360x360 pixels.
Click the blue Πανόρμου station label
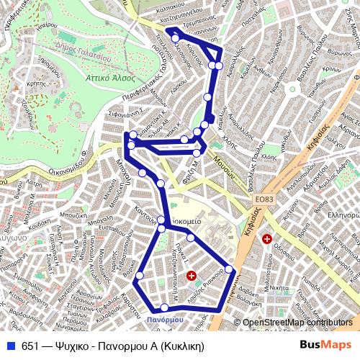(165, 319)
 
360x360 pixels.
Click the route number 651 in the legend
(30, 346)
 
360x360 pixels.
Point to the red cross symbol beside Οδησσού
(267, 238)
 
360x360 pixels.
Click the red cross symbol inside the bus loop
(191, 275)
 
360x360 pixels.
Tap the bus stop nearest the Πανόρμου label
(165, 308)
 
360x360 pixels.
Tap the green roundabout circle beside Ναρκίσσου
(292, 89)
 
